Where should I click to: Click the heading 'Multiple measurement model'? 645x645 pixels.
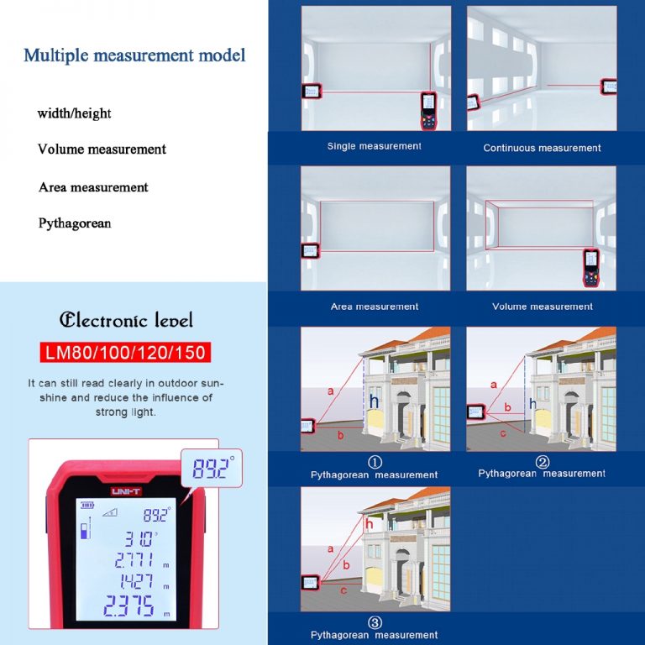pos(134,55)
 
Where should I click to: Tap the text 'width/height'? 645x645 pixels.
pos(74,113)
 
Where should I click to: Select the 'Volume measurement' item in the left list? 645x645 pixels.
pos(102,149)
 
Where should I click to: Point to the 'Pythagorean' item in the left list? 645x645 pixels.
pos(75,223)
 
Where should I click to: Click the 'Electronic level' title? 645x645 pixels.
pos(126,320)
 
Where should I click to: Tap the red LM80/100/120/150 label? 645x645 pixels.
pos(124,351)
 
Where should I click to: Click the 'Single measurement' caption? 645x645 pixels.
pos(374,146)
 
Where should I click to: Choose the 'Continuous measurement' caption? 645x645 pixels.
pos(542,148)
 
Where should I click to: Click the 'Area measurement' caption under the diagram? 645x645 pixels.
pos(375,307)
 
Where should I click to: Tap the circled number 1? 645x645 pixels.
pos(375,462)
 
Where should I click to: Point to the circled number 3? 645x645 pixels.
pos(375,622)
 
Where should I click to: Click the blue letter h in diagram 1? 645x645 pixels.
pos(374,401)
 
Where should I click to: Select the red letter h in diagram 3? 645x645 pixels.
pos(369,524)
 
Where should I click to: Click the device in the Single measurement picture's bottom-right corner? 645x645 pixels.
pos(429,112)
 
